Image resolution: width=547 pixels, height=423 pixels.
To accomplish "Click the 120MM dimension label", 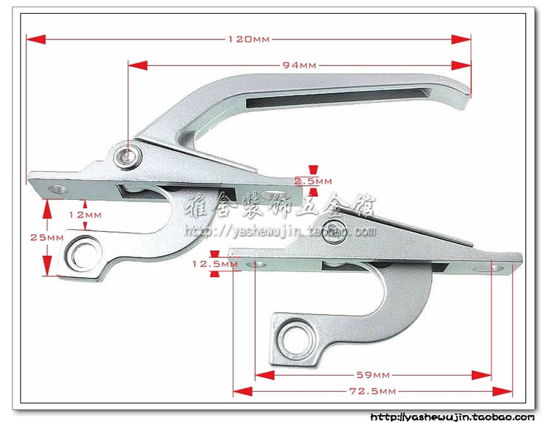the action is [x=248, y=39].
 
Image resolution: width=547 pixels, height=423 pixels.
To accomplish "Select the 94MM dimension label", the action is [x=298, y=65].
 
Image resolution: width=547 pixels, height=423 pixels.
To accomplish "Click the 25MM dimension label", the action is [x=32, y=238].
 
